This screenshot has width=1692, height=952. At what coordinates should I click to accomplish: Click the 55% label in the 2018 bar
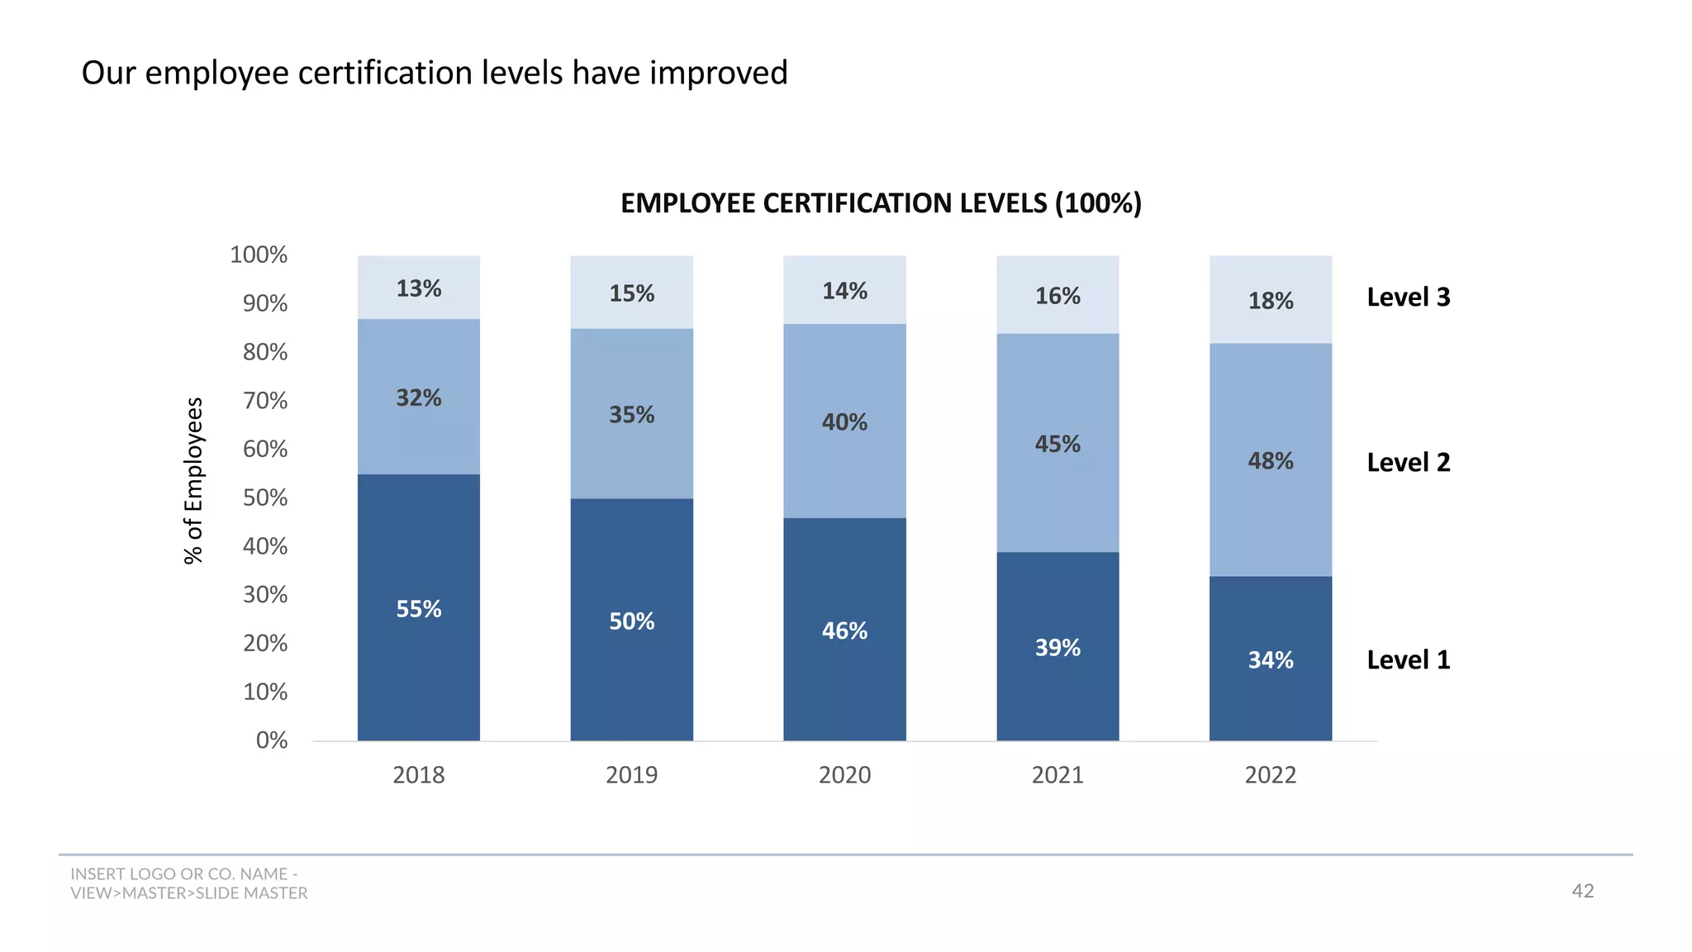(418, 609)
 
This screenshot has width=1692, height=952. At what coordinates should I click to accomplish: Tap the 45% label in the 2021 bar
(1057, 444)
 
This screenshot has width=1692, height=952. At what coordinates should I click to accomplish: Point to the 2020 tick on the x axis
(844, 774)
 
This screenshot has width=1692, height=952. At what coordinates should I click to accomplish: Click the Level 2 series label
(1408, 462)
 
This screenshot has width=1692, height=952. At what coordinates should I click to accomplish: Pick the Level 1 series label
(1408, 659)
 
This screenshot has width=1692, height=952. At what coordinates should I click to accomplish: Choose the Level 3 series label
(1408, 297)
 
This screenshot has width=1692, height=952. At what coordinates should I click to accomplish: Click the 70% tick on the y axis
(264, 401)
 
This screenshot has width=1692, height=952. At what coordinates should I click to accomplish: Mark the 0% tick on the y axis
(271, 740)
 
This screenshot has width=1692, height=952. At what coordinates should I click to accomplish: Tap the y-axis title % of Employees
(193, 481)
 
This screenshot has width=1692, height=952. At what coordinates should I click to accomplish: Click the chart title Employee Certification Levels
(881, 203)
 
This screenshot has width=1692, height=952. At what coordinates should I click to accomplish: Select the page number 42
(1582, 890)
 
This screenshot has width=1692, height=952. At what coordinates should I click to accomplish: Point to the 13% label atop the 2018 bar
(418, 288)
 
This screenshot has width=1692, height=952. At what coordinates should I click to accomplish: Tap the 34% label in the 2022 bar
(1270, 659)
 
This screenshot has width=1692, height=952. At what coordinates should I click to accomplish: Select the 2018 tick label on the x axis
(418, 774)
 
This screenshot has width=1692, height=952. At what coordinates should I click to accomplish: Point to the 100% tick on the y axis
(259, 255)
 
